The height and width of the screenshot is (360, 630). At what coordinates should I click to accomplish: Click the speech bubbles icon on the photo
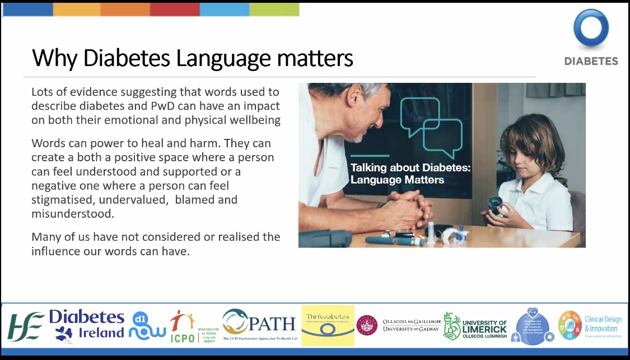tap(431, 124)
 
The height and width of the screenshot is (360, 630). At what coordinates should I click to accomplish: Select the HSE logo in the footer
tap(25, 326)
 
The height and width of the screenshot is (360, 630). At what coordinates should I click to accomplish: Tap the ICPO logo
tap(181, 326)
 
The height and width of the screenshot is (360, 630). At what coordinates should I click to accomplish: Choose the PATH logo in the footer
tap(259, 324)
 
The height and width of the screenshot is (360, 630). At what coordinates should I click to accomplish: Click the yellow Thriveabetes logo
tap(328, 325)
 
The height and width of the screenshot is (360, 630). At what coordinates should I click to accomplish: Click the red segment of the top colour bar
tap(174, 10)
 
